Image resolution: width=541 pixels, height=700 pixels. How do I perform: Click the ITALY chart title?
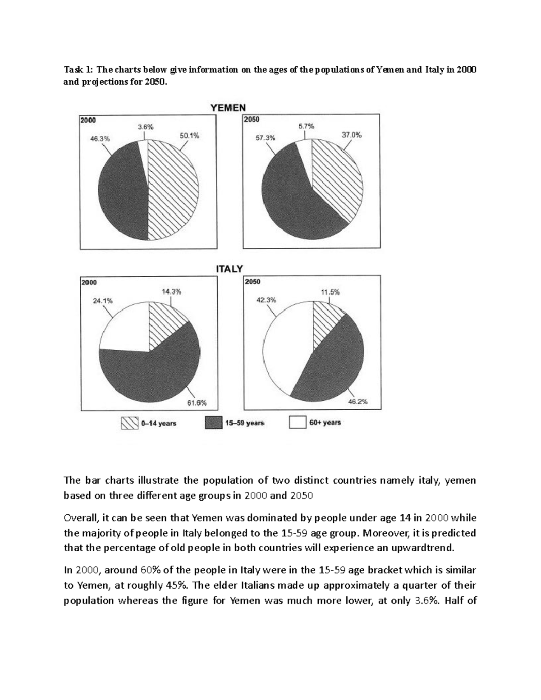click(229, 269)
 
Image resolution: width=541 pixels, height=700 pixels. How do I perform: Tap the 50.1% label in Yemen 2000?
click(189, 135)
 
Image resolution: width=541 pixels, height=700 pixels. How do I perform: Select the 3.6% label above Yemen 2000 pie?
click(145, 127)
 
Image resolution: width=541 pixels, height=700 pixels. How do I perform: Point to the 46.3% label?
click(100, 139)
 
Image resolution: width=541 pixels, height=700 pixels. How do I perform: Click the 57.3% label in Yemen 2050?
click(265, 138)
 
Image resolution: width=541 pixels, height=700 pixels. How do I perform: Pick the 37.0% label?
click(352, 135)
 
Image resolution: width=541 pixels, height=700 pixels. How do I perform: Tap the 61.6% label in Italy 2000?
click(197, 403)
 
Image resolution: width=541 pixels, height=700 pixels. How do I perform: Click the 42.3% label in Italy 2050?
click(266, 300)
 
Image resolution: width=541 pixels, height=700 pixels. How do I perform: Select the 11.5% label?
click(330, 292)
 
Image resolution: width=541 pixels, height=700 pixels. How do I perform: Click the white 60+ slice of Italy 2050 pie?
click(284, 347)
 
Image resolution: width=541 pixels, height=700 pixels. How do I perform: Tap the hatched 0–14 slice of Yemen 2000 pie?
click(174, 189)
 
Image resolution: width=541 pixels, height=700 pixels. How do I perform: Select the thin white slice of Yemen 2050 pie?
click(304, 156)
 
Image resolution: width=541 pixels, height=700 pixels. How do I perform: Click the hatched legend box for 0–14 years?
click(129, 423)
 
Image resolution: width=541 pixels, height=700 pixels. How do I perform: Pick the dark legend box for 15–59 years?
click(214, 423)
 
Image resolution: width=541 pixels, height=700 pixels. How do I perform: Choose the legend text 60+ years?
click(325, 423)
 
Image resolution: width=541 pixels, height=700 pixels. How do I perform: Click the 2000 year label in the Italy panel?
click(89, 282)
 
